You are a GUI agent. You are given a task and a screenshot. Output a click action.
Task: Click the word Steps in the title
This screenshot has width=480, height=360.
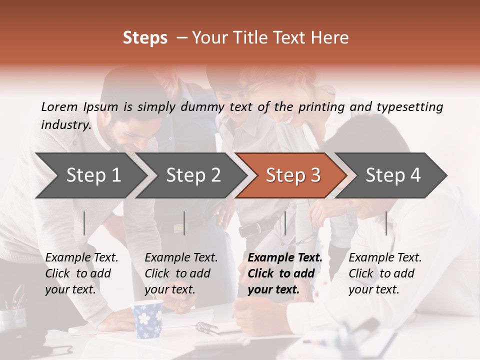click(145, 38)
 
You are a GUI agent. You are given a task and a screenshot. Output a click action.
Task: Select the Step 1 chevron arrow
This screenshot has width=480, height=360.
click(90, 175)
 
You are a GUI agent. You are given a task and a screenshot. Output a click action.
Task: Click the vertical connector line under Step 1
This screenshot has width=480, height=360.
click(84, 223)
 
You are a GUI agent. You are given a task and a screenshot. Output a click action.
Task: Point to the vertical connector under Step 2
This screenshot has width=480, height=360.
click(184, 223)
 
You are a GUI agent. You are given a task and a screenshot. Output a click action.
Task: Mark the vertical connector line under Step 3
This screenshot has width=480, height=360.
click(285, 223)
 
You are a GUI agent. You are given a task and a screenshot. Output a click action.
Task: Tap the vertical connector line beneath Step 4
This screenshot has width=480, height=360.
click(386, 223)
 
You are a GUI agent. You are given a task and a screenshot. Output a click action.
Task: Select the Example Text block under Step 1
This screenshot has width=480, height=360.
click(81, 273)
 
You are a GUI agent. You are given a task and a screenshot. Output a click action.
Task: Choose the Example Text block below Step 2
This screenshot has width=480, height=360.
click(180, 273)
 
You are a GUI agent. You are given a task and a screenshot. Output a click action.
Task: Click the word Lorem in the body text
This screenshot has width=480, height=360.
click(59, 106)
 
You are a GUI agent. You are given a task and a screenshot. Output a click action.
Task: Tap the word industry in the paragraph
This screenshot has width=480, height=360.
click(65, 124)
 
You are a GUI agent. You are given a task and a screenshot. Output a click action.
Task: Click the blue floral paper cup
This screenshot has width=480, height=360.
click(147, 318)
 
